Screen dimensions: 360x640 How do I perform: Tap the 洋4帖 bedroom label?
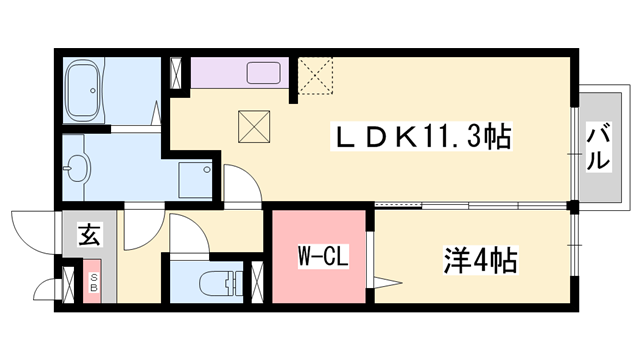point(480,262)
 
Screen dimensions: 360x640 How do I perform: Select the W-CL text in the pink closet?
point(321,257)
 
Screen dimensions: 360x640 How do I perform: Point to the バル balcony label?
point(598,146)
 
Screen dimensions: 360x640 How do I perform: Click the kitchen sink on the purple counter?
point(265,73)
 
